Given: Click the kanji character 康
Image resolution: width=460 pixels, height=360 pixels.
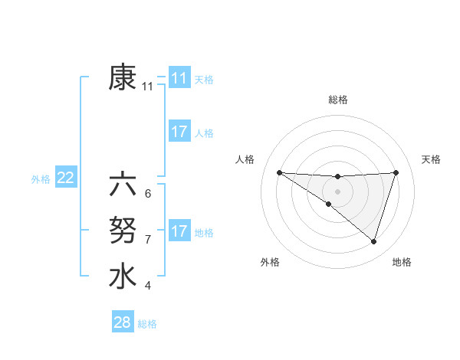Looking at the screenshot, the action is [123, 78].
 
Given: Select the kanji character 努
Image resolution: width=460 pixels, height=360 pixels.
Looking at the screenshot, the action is [123, 230].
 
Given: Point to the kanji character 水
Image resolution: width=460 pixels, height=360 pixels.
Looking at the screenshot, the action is [123, 276].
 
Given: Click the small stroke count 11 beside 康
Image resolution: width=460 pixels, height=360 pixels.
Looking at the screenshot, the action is [148, 87].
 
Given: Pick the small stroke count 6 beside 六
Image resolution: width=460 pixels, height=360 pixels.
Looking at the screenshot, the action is [147, 194].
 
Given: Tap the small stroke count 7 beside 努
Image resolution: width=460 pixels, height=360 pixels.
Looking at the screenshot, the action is [147, 240].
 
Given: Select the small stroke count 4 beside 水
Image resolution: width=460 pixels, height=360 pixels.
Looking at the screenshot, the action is [147, 286].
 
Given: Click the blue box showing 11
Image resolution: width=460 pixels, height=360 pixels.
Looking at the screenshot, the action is [179, 78].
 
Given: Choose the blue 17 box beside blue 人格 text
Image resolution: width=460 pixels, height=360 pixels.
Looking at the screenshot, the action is [179, 132].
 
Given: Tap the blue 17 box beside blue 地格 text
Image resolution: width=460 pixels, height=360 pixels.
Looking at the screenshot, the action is [179, 231].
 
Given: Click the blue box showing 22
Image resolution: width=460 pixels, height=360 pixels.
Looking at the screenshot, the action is [65, 178].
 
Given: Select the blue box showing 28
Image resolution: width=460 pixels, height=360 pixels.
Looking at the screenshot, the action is [122, 322].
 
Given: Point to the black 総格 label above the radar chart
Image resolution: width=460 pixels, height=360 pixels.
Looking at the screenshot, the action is [337, 100].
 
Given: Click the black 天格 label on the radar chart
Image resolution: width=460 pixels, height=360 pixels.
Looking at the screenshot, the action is [431, 159].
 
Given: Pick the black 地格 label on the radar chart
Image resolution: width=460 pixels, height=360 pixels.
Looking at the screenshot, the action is [402, 262].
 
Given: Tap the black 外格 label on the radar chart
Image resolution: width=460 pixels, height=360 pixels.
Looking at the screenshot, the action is [270, 262].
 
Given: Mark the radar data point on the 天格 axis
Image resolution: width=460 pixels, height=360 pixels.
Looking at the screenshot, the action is [396, 172].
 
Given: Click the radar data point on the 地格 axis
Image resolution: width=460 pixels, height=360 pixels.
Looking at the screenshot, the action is [373, 241].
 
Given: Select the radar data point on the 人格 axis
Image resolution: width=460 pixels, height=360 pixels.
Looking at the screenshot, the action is [279, 172].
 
